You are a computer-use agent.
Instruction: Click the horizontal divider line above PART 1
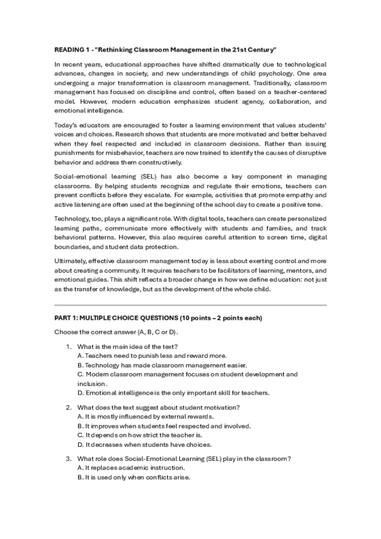[190, 306]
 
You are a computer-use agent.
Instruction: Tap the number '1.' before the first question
[69, 346]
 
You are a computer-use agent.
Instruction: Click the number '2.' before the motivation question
[69, 407]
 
